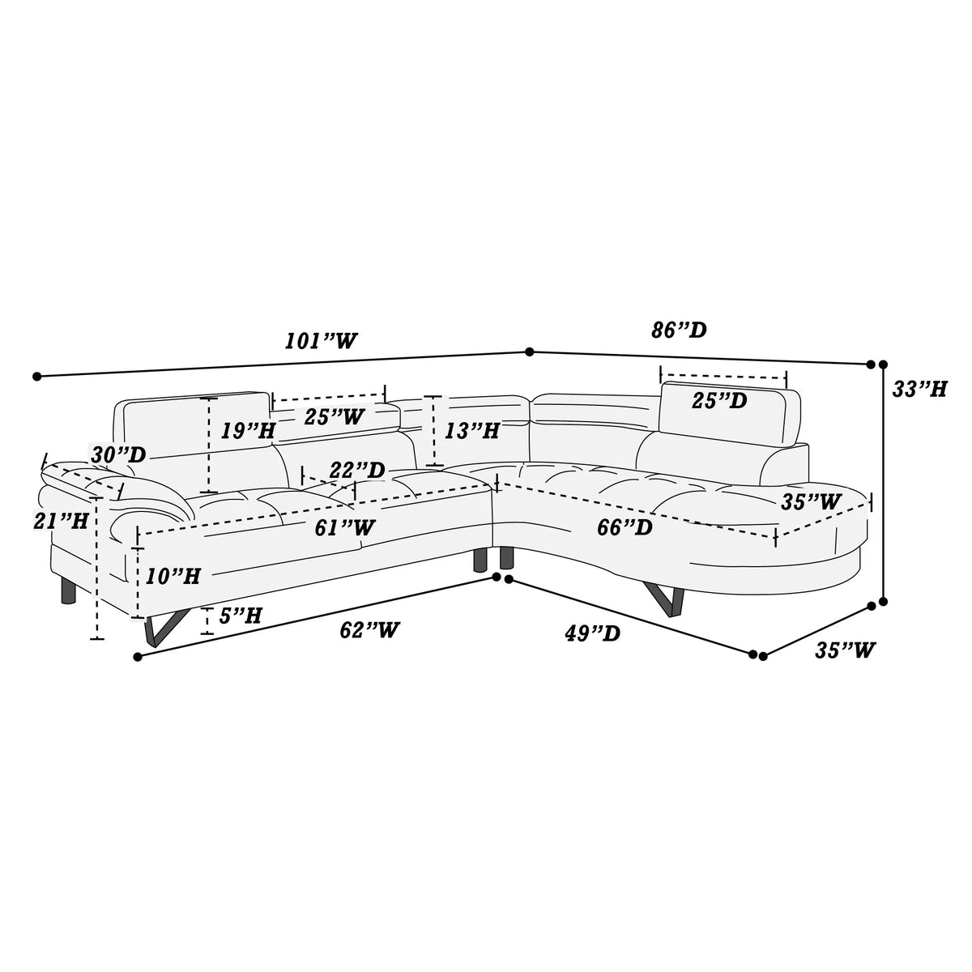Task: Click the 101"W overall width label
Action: pyautogui.click(x=321, y=342)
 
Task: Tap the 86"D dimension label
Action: pyautogui.click(x=679, y=330)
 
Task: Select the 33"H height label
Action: pyautogui.click(x=919, y=389)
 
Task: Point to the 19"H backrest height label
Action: pyautogui.click(x=248, y=430)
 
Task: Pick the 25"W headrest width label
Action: pyautogui.click(x=334, y=416)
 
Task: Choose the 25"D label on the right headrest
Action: pyautogui.click(x=719, y=401)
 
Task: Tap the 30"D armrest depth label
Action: pyautogui.click(x=118, y=455)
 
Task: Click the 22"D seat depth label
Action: pyautogui.click(x=357, y=470)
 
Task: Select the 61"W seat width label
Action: pyautogui.click(x=344, y=527)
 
